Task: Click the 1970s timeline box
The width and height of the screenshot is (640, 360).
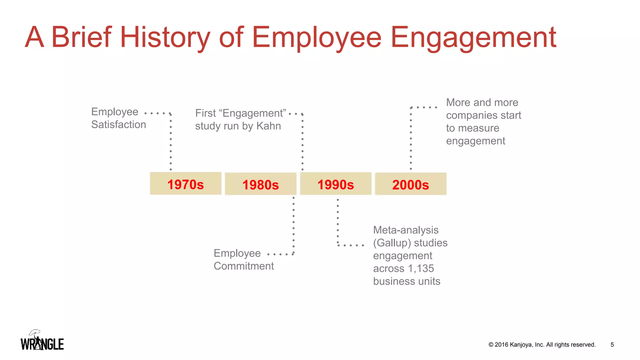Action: (x=185, y=184)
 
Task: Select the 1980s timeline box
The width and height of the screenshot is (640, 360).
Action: (x=260, y=184)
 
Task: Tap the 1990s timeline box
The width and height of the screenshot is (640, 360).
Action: (x=336, y=184)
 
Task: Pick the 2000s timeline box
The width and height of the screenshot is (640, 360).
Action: (x=410, y=184)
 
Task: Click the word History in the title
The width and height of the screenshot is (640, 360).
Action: (x=165, y=37)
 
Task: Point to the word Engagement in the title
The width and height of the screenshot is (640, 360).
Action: (x=473, y=37)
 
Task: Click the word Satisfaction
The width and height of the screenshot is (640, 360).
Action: (x=118, y=124)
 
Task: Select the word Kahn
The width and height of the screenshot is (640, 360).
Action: (x=268, y=126)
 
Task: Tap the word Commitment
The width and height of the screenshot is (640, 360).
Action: (x=243, y=266)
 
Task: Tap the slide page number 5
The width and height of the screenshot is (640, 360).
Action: (x=612, y=345)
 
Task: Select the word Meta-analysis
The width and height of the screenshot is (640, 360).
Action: (x=406, y=230)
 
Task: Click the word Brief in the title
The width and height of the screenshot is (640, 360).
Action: (x=81, y=37)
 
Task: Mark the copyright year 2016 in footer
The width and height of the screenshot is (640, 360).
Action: (x=501, y=345)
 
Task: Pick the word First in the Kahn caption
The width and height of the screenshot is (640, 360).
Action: (x=205, y=113)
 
